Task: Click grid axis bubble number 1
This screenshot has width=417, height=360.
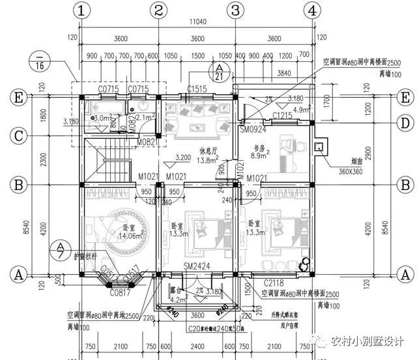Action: coord(81,10)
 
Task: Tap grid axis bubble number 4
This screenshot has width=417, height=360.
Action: coord(313,10)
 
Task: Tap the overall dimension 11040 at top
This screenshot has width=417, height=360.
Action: coord(196,21)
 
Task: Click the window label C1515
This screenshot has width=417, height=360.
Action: coord(197,89)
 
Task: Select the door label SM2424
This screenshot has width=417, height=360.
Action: coord(197,268)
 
